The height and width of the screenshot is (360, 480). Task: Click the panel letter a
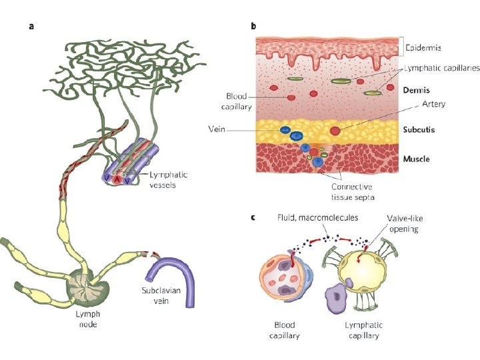31,27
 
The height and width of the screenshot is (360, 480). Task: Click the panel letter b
253,27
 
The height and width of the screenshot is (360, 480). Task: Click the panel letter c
253,218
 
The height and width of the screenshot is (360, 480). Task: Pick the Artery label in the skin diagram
433,105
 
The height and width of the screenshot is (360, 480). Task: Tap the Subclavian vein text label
159,295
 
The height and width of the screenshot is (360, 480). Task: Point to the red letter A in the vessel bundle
118,179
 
